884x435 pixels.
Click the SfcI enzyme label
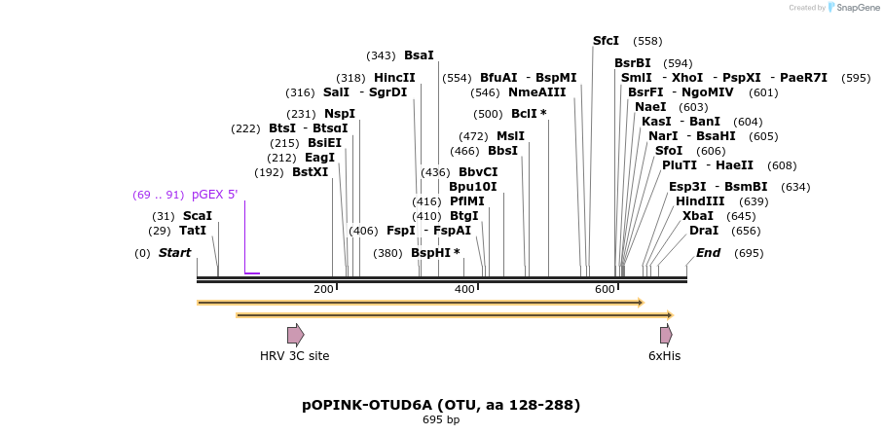point(606,41)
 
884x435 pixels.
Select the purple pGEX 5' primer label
point(214,195)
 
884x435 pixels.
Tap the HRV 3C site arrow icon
point(295,335)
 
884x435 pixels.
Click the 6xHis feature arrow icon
point(666,335)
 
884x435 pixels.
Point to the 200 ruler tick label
point(323,290)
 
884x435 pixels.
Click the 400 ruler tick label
point(464,290)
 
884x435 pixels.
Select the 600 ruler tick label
point(605,290)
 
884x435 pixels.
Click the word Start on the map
point(174,253)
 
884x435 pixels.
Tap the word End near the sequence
point(708,253)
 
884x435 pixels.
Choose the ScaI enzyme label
point(197,216)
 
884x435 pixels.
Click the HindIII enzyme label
point(700,201)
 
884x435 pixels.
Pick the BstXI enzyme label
point(310,172)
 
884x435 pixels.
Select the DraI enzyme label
point(703,231)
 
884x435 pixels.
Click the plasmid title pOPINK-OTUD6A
point(441,405)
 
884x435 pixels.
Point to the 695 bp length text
point(441,420)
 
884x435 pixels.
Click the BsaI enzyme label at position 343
point(419,55)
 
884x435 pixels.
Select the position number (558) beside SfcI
point(647,41)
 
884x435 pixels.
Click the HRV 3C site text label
point(294,356)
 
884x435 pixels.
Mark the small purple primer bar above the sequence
point(252,273)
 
